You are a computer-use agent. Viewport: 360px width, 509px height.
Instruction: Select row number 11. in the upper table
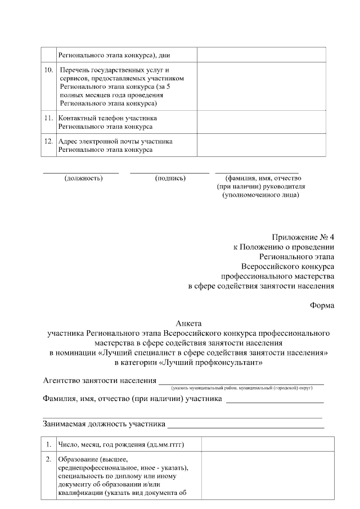coord(49,118)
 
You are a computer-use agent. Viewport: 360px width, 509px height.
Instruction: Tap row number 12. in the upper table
coord(49,141)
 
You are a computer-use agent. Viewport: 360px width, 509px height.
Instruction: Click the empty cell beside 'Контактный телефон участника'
coord(261,122)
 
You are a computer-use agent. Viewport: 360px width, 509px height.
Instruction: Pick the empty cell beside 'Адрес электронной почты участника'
coord(261,145)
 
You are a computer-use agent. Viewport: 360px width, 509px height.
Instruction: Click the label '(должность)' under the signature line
coord(83,178)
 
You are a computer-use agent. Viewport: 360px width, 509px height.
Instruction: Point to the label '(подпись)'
coord(170,178)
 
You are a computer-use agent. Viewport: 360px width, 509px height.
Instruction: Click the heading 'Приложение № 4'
coord(303,237)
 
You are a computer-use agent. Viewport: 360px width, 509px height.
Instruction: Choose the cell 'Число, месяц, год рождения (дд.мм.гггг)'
coord(122,445)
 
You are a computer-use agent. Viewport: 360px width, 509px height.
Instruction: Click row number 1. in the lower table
coord(49,445)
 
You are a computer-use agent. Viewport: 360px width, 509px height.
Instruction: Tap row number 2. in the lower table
coord(49,460)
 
